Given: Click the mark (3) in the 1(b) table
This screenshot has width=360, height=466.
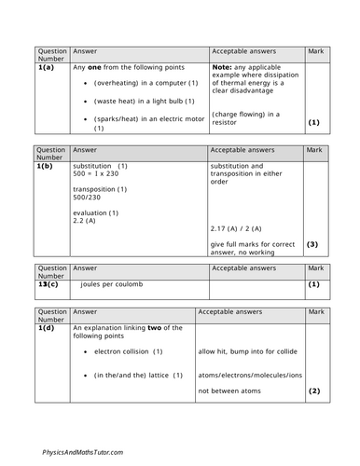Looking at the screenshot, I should click(312, 245).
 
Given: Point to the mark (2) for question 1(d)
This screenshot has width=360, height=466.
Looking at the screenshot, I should click(313, 391).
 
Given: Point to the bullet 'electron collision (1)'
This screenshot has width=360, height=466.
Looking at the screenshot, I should click(129, 351).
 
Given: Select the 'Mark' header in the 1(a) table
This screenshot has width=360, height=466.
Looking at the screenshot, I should click(314, 54).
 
